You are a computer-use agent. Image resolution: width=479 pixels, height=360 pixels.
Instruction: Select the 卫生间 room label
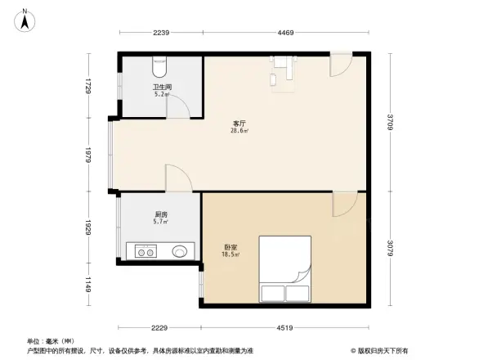tap(161, 88)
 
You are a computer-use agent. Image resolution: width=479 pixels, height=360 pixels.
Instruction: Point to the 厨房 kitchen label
tap(161, 216)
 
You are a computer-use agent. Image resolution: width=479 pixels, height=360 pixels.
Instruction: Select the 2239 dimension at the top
tap(160, 33)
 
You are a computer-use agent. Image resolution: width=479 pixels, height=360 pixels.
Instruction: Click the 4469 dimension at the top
tap(284, 33)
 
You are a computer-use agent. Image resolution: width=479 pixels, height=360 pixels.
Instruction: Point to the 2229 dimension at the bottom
tap(160, 328)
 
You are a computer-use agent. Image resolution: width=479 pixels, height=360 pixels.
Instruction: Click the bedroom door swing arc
tap(343, 205)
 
